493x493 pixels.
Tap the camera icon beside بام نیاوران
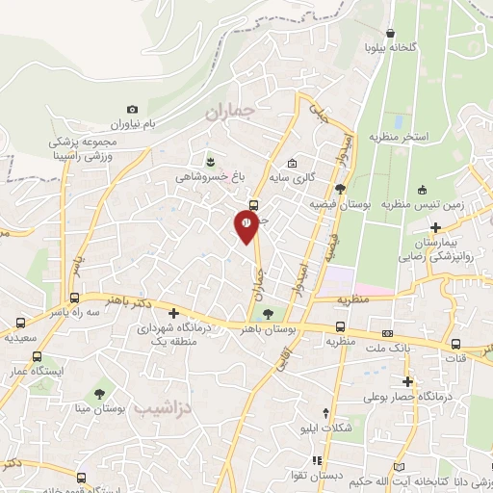[x=133, y=110]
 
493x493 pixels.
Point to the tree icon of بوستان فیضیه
[x=340, y=189]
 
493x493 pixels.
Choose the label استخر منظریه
[x=395, y=137]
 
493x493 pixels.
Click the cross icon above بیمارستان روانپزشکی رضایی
[x=435, y=227]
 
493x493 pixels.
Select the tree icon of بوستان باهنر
[x=268, y=312]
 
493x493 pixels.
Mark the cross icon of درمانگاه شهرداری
[x=173, y=313]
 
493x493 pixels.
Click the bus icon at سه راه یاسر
[x=74, y=297]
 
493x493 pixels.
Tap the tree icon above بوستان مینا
[x=99, y=393]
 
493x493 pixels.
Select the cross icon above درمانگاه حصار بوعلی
[x=408, y=381]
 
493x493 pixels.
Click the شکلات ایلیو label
[x=346, y=428]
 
